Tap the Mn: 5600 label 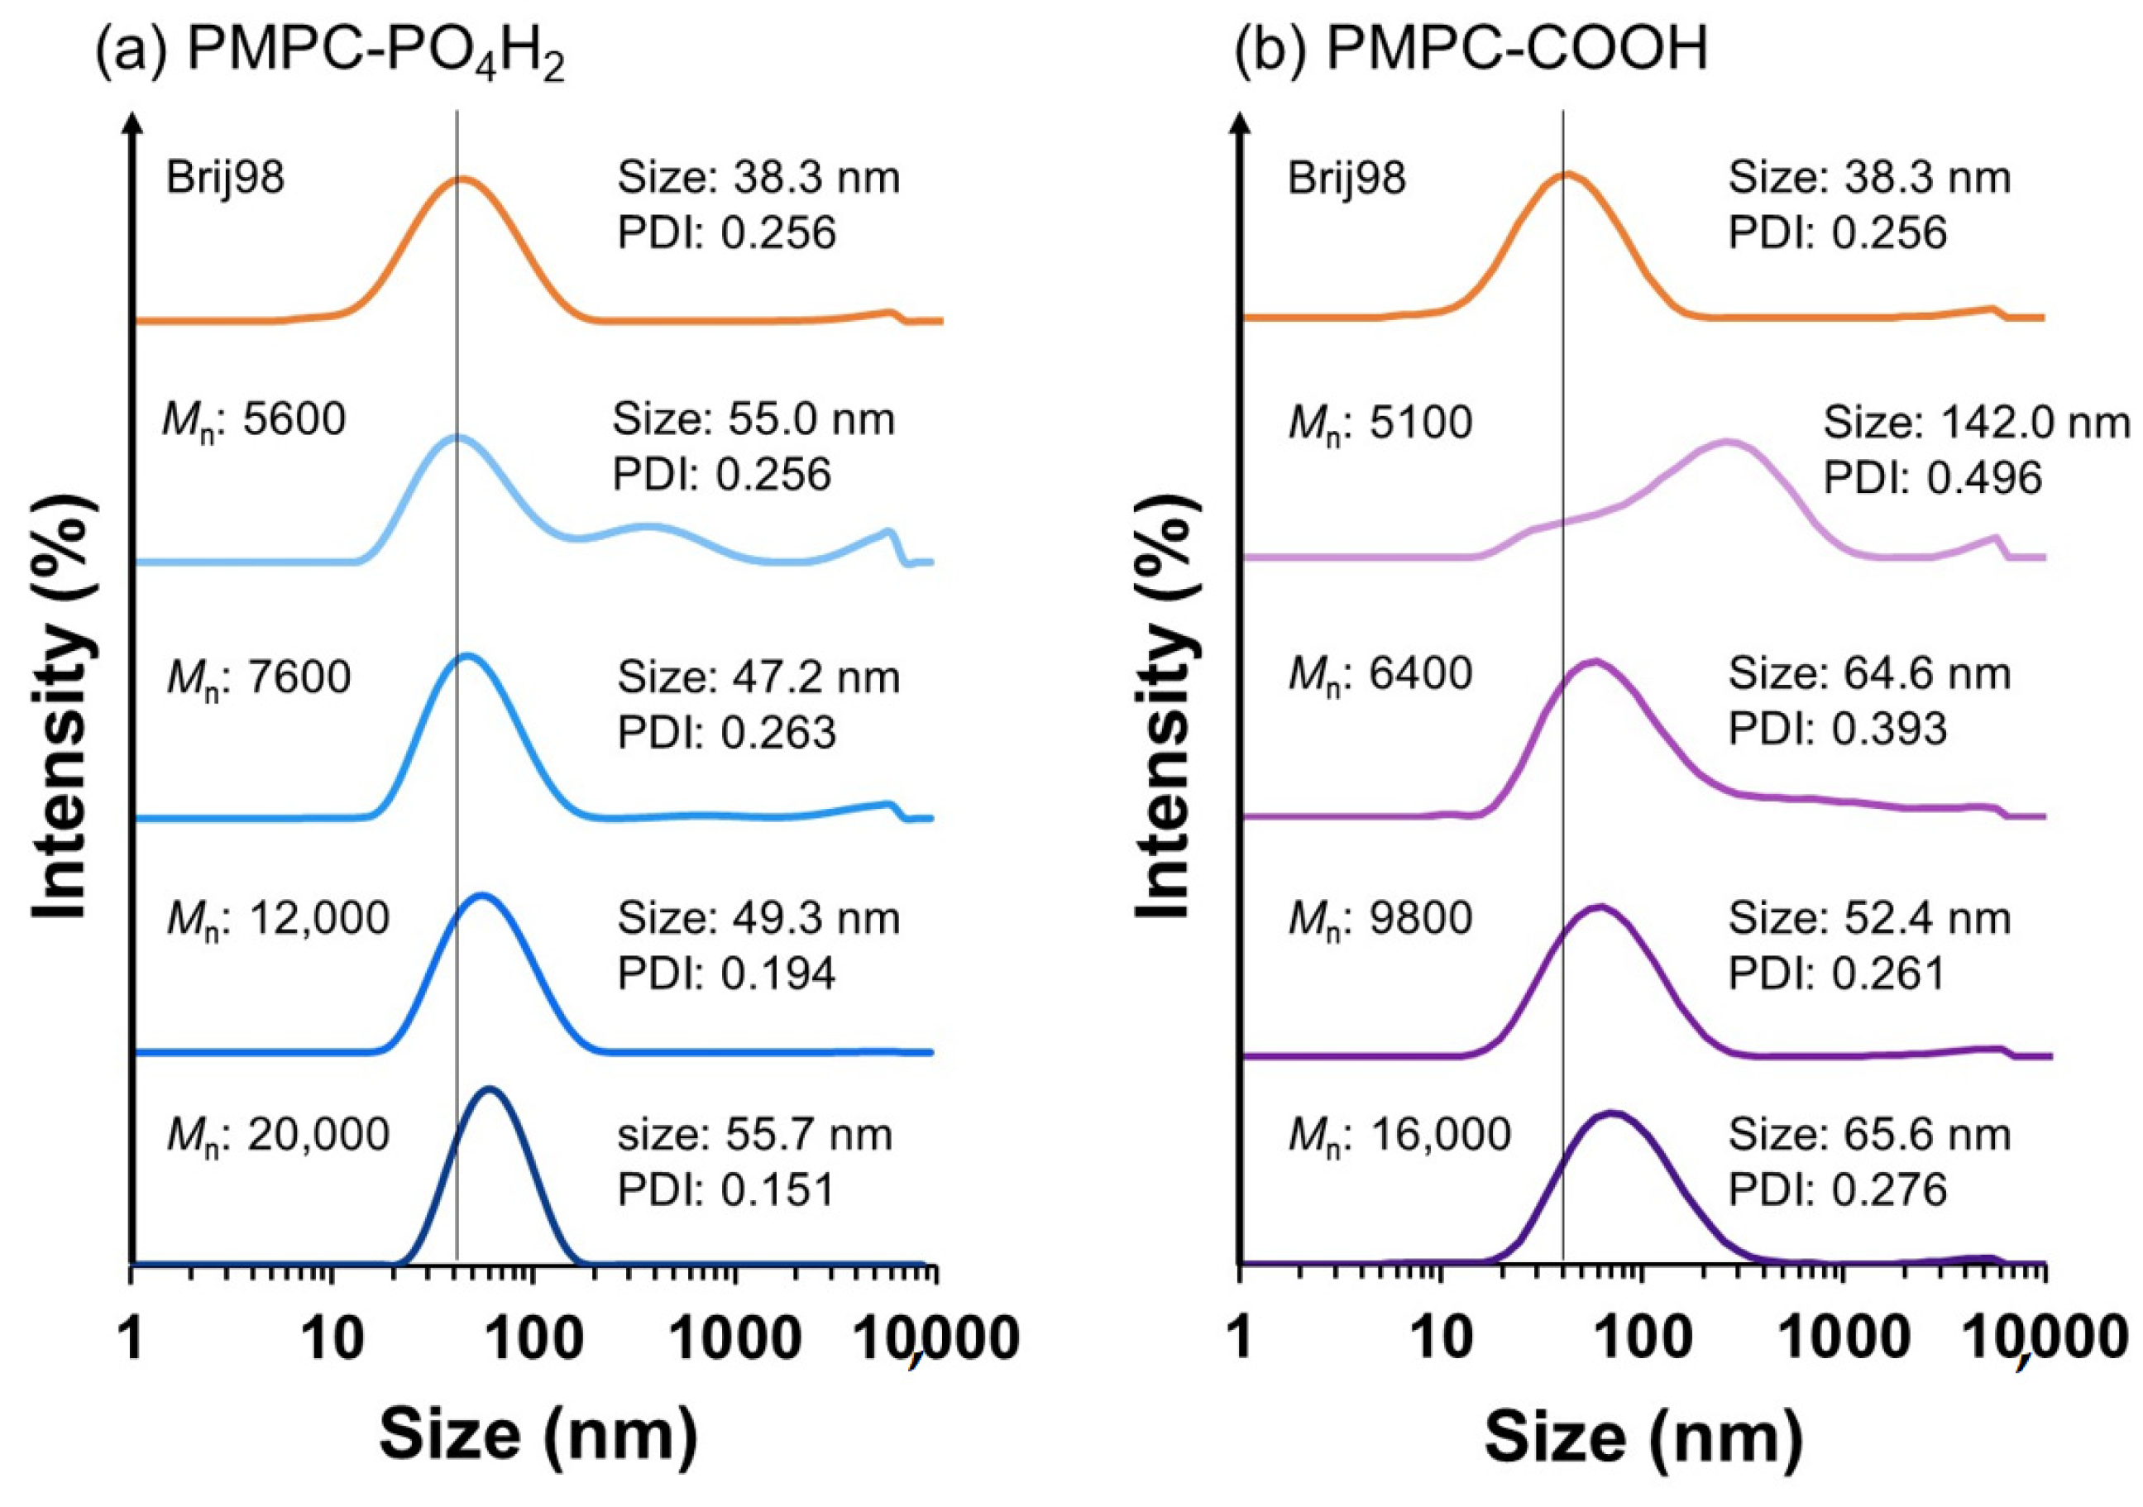255,422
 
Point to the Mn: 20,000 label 277,1137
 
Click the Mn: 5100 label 1380,424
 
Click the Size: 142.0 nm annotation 1977,423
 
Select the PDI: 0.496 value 1933,478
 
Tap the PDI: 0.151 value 726,1189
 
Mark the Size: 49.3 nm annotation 758,919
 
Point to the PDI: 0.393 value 1838,729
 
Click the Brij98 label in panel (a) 225,177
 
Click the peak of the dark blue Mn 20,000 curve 489,1089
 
